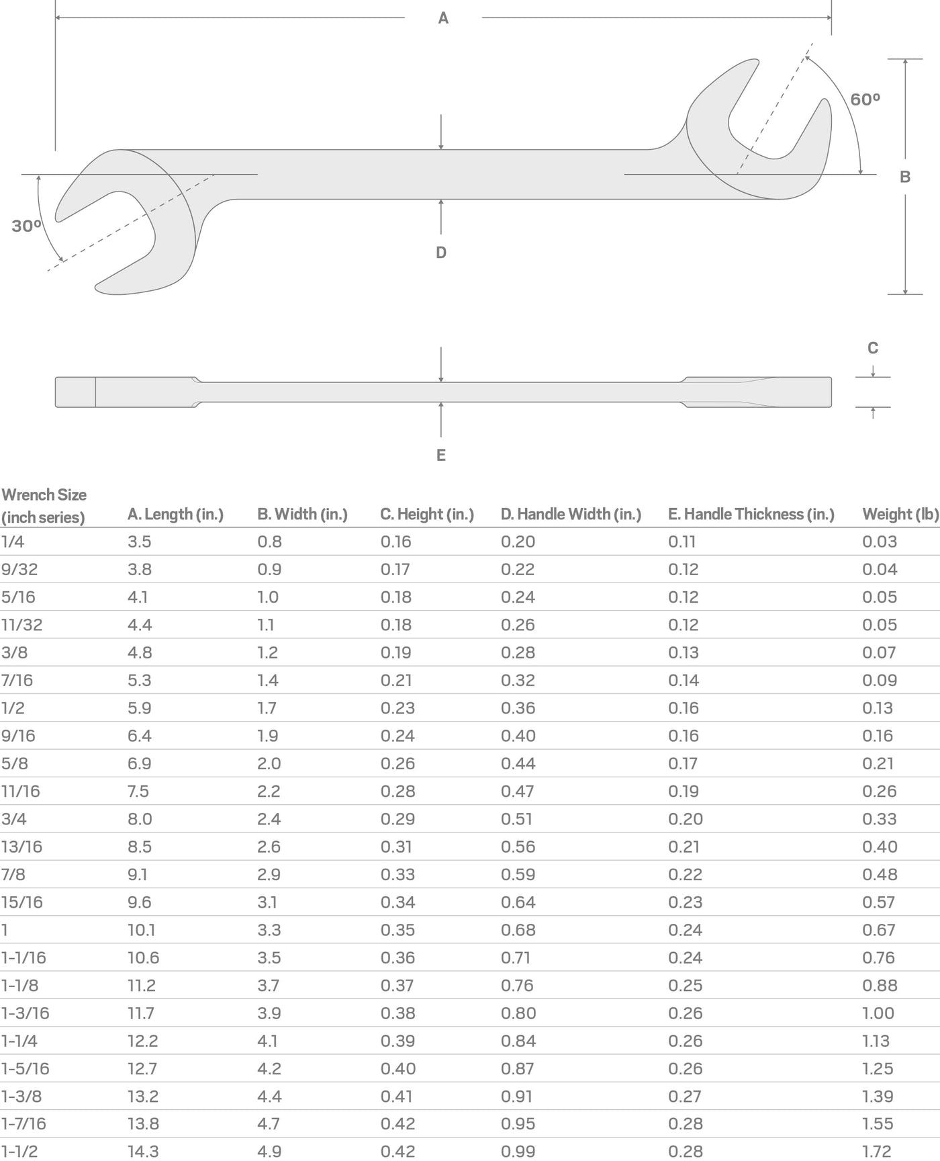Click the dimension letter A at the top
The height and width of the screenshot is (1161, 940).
[443, 18]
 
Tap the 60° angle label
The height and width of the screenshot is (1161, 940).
[865, 99]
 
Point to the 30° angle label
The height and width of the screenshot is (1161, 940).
[27, 226]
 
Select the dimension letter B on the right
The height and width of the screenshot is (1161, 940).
[905, 177]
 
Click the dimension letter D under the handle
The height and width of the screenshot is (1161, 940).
[441, 253]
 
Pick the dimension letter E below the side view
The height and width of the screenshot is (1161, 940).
[441, 456]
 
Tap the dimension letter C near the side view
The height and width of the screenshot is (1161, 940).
[873, 348]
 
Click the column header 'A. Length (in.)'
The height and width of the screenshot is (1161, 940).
[176, 515]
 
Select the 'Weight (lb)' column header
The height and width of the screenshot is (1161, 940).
[900, 515]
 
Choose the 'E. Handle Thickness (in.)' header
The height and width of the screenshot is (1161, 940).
[751, 515]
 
